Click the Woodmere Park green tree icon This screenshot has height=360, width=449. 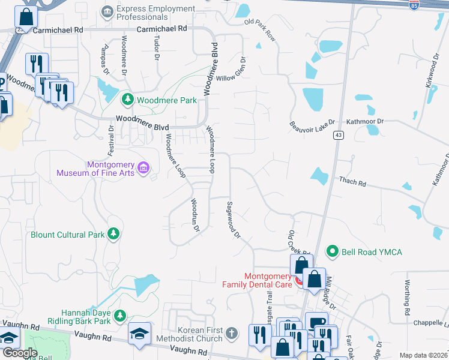pyautogui.click(x=127, y=100)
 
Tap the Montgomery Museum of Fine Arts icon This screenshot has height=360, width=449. pyautogui.click(x=144, y=167)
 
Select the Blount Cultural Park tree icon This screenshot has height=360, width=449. pyautogui.click(x=113, y=235)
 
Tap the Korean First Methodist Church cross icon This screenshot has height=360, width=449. pyautogui.click(x=232, y=332)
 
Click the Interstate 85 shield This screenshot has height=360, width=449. pyautogui.click(x=414, y=5)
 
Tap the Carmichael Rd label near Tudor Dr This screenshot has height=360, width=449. pyautogui.click(x=161, y=29)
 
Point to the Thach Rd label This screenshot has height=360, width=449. pyautogui.click(x=352, y=180)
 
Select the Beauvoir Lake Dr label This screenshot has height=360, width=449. pyautogui.click(x=311, y=125)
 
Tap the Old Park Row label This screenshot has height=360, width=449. pyautogui.click(x=261, y=31)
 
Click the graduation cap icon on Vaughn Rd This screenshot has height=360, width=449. pyautogui.click(x=140, y=334)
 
